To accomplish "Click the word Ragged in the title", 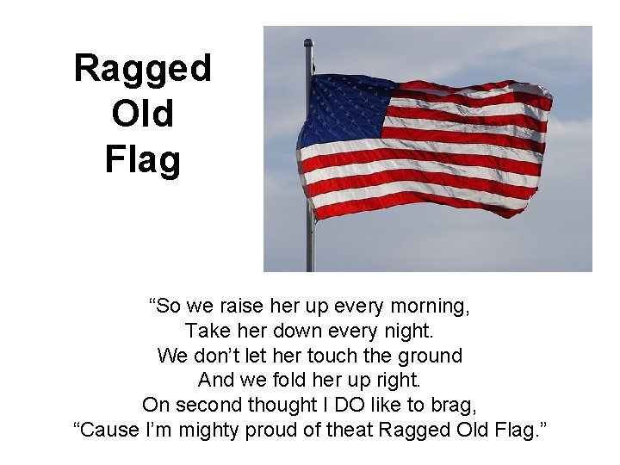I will (x=143, y=68).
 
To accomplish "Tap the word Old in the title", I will (x=143, y=114).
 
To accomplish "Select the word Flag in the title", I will (x=143, y=160).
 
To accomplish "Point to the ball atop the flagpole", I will (x=308, y=42).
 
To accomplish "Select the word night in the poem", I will (x=410, y=332).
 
